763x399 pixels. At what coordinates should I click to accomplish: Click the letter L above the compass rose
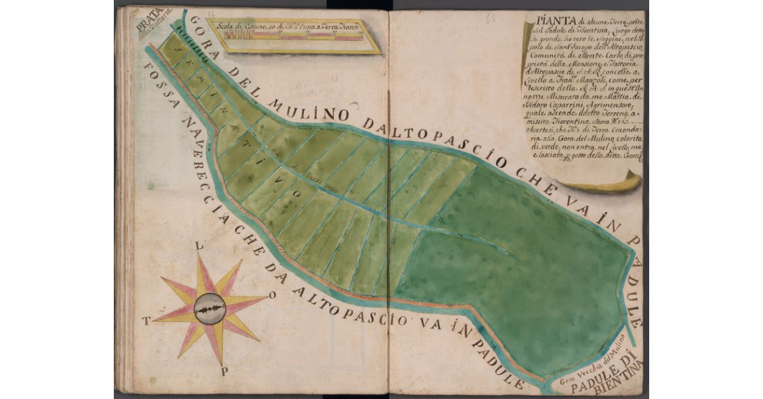pos(199,245)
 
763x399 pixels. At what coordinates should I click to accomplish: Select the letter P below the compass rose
pos(224,372)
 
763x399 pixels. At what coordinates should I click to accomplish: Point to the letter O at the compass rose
pos(273,295)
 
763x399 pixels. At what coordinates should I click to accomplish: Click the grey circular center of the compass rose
pos(210,309)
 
